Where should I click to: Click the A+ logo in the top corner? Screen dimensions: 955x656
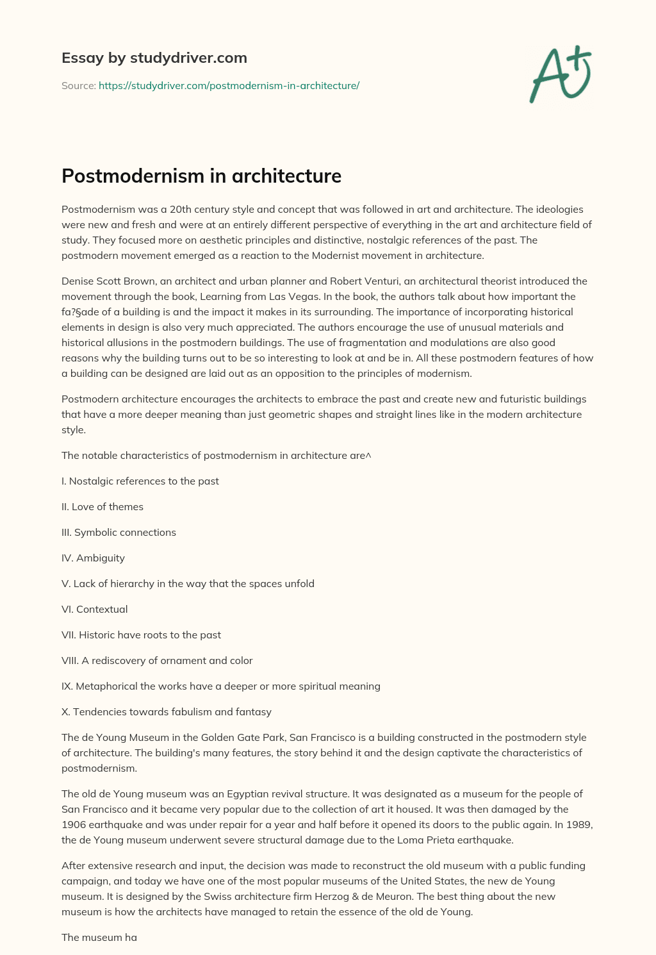pos(561,74)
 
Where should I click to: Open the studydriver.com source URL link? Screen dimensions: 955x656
pos(229,85)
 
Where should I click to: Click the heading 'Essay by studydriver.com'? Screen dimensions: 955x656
pos(154,58)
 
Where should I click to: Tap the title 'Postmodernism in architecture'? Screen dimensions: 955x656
pos(201,176)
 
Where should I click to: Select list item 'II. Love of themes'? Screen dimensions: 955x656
pos(102,506)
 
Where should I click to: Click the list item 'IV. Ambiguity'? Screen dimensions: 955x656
pos(93,558)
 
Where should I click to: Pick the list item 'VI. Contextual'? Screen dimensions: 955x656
pos(94,609)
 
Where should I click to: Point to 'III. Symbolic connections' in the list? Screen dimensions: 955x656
pos(119,532)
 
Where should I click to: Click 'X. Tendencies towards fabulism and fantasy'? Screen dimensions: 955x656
pos(167,711)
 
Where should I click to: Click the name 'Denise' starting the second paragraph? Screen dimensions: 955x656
pos(78,281)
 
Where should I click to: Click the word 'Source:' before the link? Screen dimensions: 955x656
pos(78,85)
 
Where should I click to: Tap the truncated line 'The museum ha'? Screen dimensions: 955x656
pos(99,937)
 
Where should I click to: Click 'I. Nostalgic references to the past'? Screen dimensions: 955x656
pos(140,481)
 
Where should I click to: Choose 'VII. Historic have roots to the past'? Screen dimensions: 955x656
pos(141,635)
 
